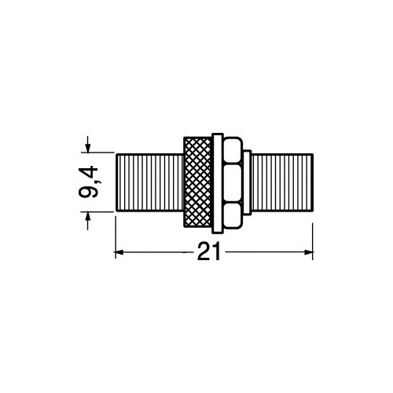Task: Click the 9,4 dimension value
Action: point(88,182)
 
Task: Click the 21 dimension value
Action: point(209,252)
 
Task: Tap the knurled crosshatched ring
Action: point(198,182)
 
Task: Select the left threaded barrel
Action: point(150,182)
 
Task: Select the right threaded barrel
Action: point(282,182)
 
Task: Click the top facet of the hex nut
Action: point(233,151)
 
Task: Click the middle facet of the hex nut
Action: point(233,182)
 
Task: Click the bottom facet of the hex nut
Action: point(233,215)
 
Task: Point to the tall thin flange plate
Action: point(218,183)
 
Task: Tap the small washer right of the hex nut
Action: point(247,182)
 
